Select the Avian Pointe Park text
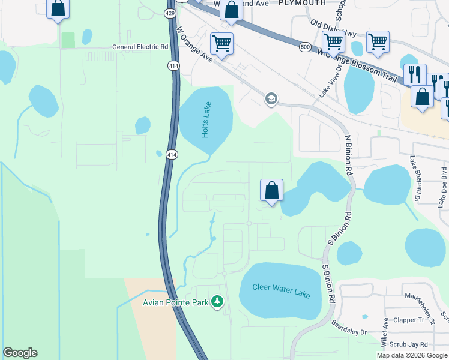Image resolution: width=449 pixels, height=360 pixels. click(x=175, y=302)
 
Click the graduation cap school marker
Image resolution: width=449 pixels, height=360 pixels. click(x=271, y=98)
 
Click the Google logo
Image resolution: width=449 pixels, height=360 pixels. click(x=20, y=353)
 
